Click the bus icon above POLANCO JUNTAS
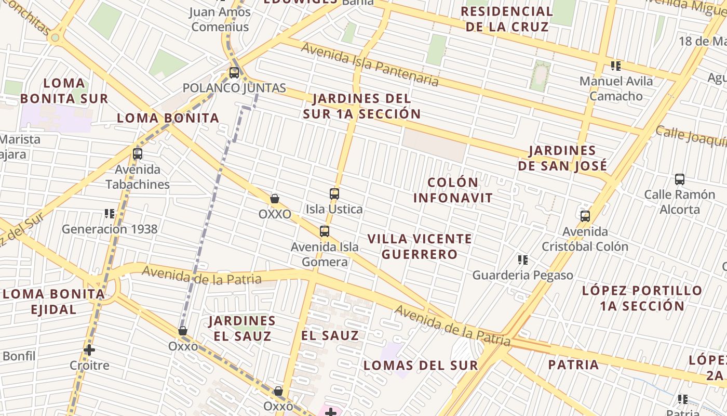[x=234, y=73]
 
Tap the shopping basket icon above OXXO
[x=275, y=199]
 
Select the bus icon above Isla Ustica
[x=334, y=194]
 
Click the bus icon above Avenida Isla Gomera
[x=325, y=231]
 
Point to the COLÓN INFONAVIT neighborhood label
[x=453, y=190]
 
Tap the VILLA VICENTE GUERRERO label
[x=420, y=246]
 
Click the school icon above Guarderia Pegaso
[x=523, y=259]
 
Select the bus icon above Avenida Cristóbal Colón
[x=585, y=216]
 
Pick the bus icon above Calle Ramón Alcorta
[x=680, y=179]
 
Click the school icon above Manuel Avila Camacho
[x=616, y=66]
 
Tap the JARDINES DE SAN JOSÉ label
[x=562, y=158]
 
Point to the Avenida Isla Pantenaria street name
[x=370, y=64]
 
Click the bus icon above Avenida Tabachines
[x=138, y=154]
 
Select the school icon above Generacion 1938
[x=110, y=214]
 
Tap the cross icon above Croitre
[x=89, y=350]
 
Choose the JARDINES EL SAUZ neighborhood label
[x=242, y=328]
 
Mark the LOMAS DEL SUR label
[x=421, y=365]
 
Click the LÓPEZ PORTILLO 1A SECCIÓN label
[x=642, y=298]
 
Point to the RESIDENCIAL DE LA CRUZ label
[x=507, y=19]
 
